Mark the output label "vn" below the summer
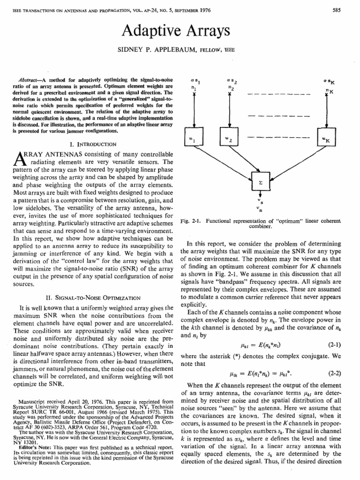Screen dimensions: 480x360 [259, 209]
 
